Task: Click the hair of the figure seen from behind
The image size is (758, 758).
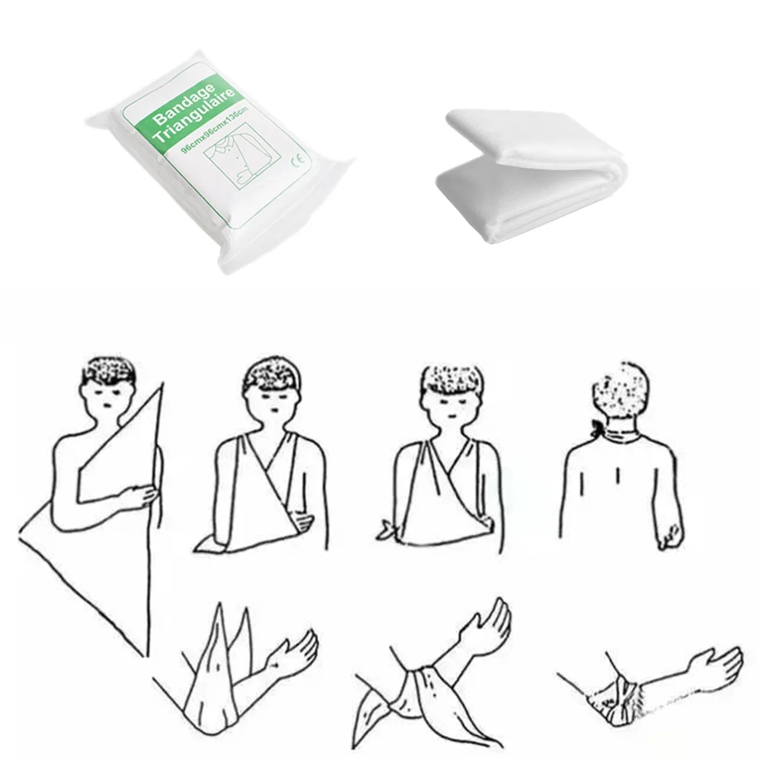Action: pos(620,391)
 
